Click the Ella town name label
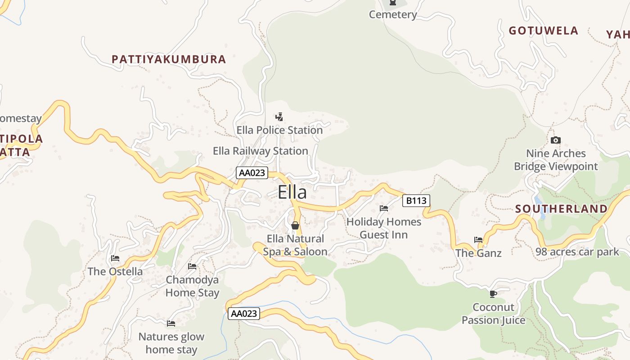click(292, 192)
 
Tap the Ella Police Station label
click(279, 130)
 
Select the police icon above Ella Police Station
click(279, 117)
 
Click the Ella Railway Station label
click(260, 151)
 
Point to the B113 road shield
click(416, 201)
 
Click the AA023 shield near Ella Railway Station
click(252, 173)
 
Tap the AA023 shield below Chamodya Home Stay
click(244, 314)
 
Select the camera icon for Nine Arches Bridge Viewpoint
click(556, 140)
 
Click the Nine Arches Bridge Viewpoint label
click(556, 160)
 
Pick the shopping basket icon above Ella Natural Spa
click(295, 225)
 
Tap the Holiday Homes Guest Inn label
click(384, 228)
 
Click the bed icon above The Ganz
click(478, 240)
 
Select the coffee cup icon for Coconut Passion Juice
click(493, 294)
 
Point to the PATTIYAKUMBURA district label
click(169, 59)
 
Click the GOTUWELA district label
click(543, 31)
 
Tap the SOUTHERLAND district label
click(561, 209)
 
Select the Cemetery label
click(393, 14)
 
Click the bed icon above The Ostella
click(115, 258)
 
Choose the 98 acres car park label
click(577, 252)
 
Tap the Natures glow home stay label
click(171, 343)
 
